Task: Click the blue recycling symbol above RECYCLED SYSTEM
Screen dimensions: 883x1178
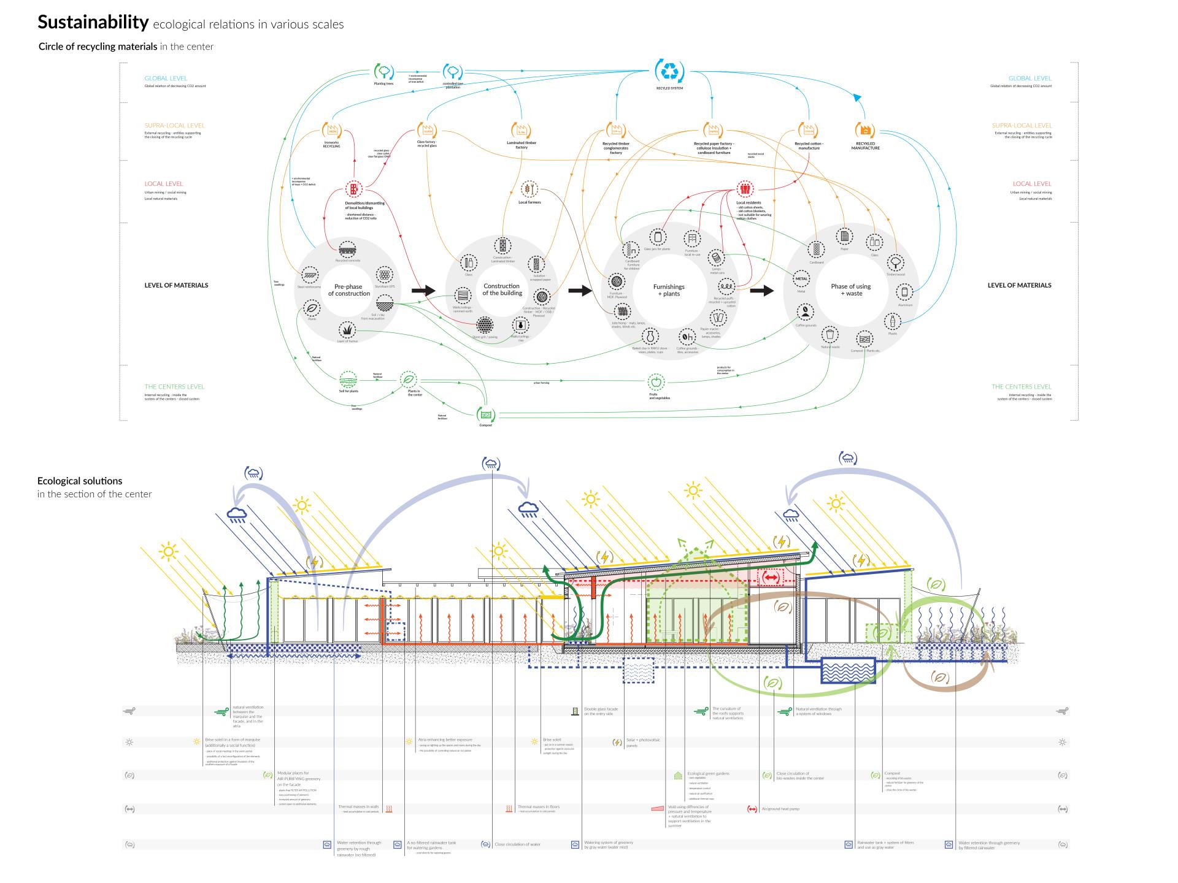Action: pos(669,71)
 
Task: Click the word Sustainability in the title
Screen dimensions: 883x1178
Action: pos(93,23)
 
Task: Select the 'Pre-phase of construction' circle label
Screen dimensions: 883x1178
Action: pos(348,290)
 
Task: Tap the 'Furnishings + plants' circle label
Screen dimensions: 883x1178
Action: pos(669,290)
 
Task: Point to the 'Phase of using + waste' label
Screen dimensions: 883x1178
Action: pos(850,290)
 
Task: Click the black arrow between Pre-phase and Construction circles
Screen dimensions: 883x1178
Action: pos(423,291)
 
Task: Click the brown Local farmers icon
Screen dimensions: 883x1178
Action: pos(529,189)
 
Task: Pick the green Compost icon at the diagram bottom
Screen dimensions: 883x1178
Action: pos(486,414)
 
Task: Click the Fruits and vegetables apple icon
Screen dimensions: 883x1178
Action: pos(656,382)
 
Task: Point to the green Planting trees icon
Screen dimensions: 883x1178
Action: pos(383,71)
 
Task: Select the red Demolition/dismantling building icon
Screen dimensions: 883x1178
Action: pos(354,189)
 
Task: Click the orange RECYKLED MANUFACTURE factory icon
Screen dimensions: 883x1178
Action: pos(865,130)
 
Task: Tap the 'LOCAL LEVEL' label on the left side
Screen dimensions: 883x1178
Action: pos(164,183)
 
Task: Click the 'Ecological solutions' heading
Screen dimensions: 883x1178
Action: pos(80,481)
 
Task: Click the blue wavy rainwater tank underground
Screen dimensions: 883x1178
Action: pos(848,670)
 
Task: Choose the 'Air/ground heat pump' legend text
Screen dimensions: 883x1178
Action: pos(780,809)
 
